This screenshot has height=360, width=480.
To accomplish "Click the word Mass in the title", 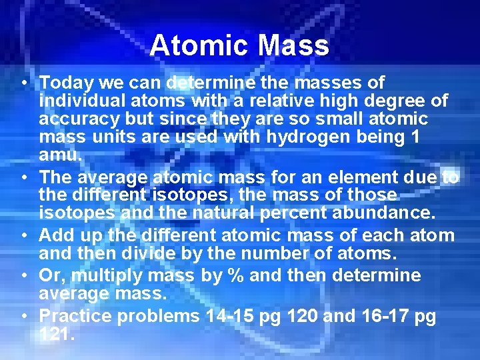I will pyautogui.click(x=293, y=46).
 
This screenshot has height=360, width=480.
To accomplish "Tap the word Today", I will pyautogui.click(x=67, y=83).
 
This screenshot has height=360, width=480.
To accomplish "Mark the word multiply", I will pyautogui.click(x=113, y=276).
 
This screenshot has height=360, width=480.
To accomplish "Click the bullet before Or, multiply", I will pyautogui.click(x=23, y=276).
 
